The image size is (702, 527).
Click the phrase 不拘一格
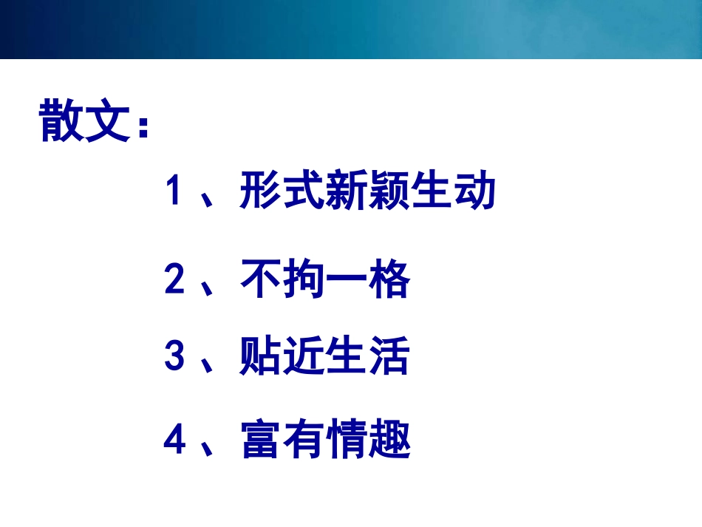pyautogui.click(x=325, y=280)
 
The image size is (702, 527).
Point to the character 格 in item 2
pyautogui.click(x=389, y=280)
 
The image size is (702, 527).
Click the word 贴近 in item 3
pyautogui.click(x=282, y=356)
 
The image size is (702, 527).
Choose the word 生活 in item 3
pyautogui.click(x=367, y=356)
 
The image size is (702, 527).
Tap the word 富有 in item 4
pyautogui.click(x=282, y=441)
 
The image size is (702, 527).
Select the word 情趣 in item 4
pyautogui.click(x=367, y=441)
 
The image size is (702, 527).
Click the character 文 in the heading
pyautogui.click(x=110, y=120)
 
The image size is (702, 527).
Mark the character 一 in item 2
pyautogui.click(x=347, y=281)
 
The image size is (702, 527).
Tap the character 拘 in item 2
pyautogui.click(x=304, y=280)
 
